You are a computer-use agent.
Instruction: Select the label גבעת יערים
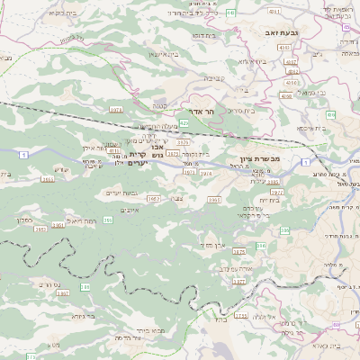click(x=121, y=193)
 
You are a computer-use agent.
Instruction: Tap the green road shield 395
click(x=108, y=220)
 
